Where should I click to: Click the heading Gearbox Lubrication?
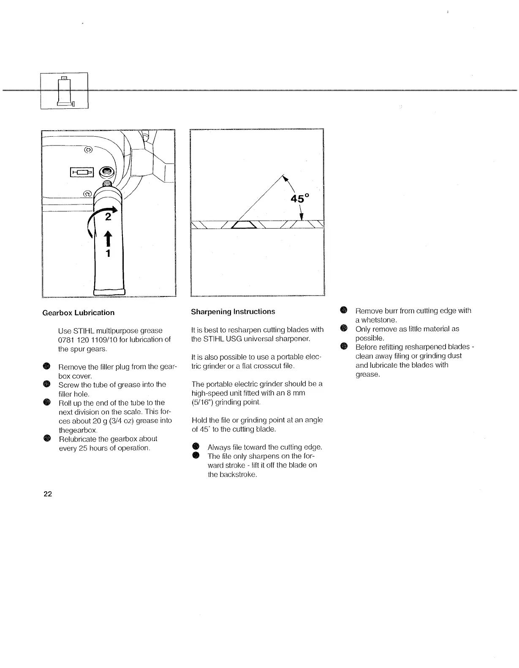pyautogui.click(x=78, y=312)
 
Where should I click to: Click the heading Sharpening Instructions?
pyautogui.click(x=233, y=312)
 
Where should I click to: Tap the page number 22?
pyautogui.click(x=47, y=494)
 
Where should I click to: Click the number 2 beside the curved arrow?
pyautogui.click(x=108, y=217)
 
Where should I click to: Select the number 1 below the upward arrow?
pyautogui.click(x=108, y=253)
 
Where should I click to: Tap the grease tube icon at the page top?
pyautogui.click(x=65, y=91)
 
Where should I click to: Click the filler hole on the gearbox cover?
pyautogui.click(x=107, y=172)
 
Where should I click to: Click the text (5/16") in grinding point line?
pyautogui.click(x=202, y=402)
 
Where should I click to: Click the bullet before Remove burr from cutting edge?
pyautogui.click(x=344, y=311)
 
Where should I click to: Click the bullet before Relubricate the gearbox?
pyautogui.click(x=47, y=439)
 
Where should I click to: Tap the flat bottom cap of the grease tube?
pyautogui.click(x=109, y=291)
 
